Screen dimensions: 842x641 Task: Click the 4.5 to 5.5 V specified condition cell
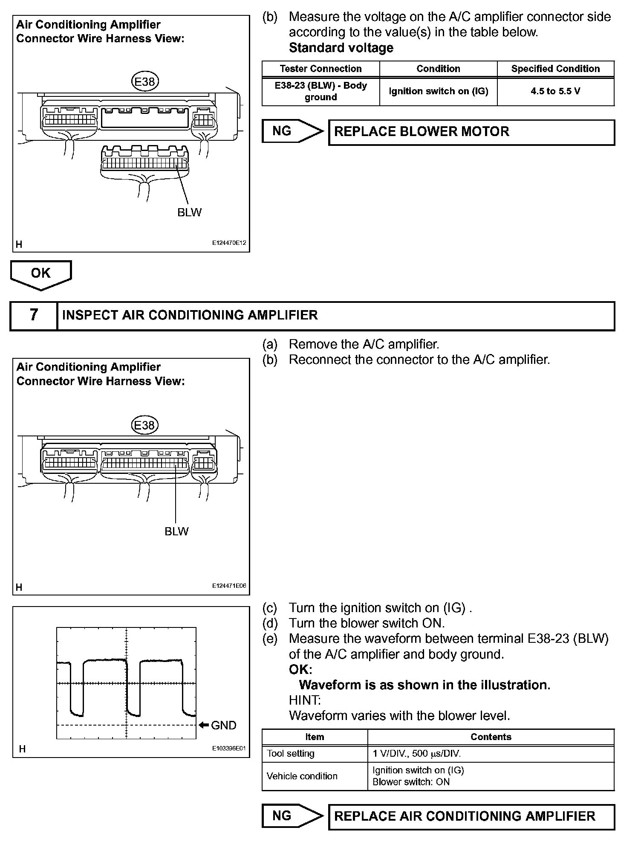555,91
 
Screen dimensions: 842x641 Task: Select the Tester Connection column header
320,69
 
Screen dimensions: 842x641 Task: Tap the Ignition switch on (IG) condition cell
438,91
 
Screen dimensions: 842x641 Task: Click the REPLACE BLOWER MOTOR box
471,132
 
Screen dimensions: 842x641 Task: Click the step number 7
34,315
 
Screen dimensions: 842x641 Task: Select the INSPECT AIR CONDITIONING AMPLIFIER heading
190,315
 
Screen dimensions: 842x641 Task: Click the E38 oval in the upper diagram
144,81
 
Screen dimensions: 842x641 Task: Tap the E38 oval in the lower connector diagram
144,425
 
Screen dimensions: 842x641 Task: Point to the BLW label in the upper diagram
189,212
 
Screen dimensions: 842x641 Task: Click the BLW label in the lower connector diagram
176,531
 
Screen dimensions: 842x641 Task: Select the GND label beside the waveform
223,725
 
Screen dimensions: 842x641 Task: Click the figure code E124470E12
229,243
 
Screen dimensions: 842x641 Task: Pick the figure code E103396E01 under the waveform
229,748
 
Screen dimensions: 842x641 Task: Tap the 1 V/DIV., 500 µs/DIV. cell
417,754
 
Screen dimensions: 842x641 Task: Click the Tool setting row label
291,754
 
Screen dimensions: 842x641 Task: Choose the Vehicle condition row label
302,776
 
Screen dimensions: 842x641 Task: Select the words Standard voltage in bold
341,48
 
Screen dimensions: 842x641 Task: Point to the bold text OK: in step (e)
300,669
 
